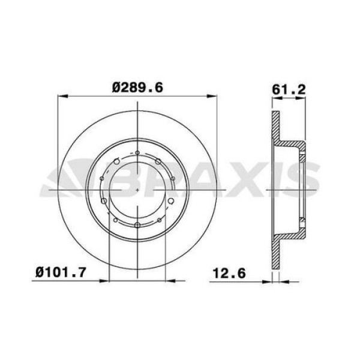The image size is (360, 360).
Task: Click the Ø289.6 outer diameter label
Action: (x=138, y=88)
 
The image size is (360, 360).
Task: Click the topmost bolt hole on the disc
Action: (x=137, y=153)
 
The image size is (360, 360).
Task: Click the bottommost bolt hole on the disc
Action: (x=137, y=224)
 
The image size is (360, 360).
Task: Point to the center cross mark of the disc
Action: (x=137, y=188)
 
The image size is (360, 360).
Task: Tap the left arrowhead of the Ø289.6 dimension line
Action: (x=61, y=95)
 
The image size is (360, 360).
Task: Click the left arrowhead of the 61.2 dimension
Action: (x=275, y=97)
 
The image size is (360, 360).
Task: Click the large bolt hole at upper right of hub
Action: (x=157, y=162)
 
